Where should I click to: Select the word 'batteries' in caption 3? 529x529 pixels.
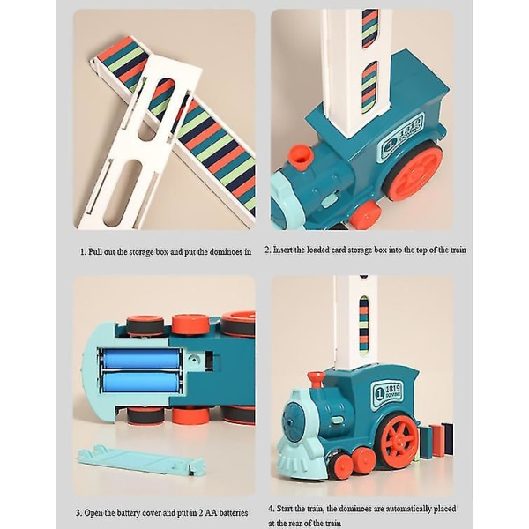[234, 513]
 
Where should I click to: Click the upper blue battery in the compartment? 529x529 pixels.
[141, 358]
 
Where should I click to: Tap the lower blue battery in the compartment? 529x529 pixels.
[141, 382]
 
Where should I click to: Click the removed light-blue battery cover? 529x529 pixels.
[141, 460]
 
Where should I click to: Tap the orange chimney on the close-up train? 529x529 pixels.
[301, 157]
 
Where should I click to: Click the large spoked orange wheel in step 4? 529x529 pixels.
[399, 439]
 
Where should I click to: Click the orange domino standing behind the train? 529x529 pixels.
[437, 440]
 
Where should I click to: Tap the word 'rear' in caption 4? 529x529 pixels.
[306, 523]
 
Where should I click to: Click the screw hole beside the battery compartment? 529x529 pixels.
[195, 360]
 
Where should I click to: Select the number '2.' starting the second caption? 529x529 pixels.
[268, 250]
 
